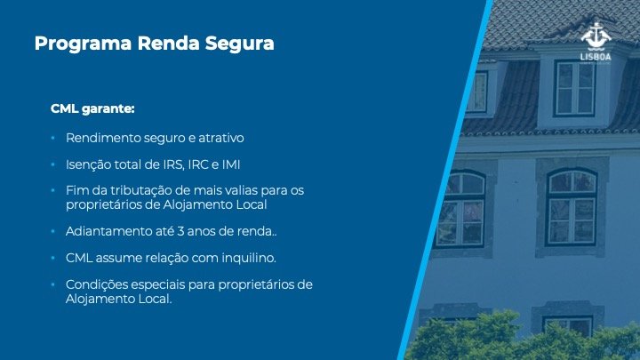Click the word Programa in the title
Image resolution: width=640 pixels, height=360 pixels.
click(x=83, y=44)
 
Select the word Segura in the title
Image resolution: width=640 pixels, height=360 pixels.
click(x=240, y=44)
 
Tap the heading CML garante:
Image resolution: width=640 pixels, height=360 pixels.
click(x=92, y=109)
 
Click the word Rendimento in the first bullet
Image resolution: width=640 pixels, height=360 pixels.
click(x=103, y=138)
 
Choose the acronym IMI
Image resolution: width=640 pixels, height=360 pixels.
click(x=231, y=165)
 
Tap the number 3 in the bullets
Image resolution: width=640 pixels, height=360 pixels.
click(x=180, y=231)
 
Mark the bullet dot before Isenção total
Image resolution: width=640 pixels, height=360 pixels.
click(x=53, y=165)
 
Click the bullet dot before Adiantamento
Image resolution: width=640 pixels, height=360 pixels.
click(x=53, y=231)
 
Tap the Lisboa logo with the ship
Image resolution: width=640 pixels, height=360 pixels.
click(x=596, y=42)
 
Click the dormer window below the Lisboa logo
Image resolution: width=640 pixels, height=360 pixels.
click(x=575, y=89)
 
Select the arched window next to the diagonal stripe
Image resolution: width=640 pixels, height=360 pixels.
click(x=461, y=209)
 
